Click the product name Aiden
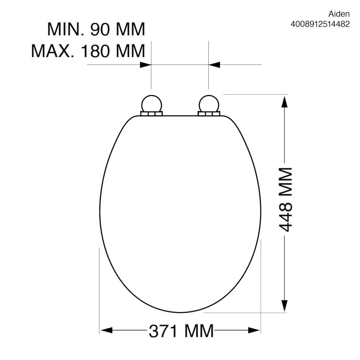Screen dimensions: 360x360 point(339,14)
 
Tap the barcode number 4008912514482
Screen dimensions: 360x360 point(320,24)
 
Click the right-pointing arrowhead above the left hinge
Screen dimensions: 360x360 point(145,65)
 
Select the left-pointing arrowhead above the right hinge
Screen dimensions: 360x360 point(214,65)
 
